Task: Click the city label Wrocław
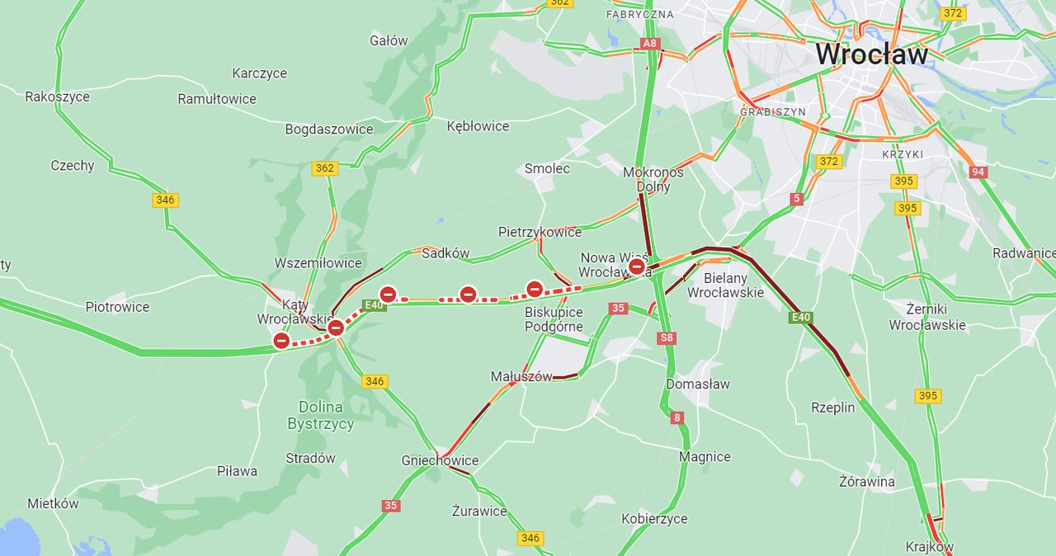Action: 871,54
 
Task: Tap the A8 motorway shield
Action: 650,43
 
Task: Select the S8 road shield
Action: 667,338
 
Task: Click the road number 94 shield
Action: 979,172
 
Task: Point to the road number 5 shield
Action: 796,199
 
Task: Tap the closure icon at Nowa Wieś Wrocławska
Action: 637,266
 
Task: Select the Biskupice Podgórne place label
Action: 554,319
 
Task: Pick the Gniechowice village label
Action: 440,460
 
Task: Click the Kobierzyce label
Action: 654,519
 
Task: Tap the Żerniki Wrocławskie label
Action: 927,317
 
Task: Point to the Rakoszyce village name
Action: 57,97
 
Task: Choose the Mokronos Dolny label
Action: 653,179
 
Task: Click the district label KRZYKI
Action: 903,154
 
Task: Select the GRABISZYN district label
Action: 772,111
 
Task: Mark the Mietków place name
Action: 53,503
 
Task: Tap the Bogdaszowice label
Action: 328,130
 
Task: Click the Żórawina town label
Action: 866,481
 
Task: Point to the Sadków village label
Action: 445,253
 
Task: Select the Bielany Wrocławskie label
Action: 725,285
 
